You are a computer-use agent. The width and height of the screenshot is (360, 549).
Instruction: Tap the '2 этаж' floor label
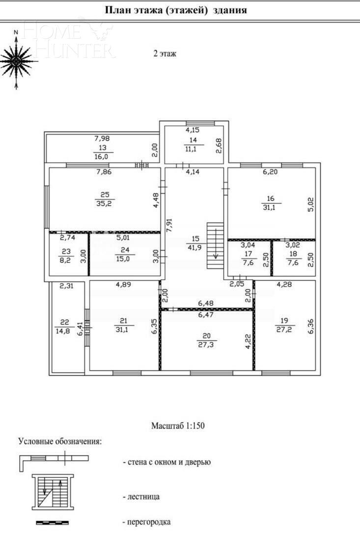point(165,54)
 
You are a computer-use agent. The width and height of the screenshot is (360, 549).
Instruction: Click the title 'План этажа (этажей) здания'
point(176,10)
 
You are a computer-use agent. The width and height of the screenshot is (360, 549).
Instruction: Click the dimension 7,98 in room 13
point(103,138)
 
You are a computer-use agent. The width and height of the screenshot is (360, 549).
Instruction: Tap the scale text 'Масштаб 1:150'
point(177,426)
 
